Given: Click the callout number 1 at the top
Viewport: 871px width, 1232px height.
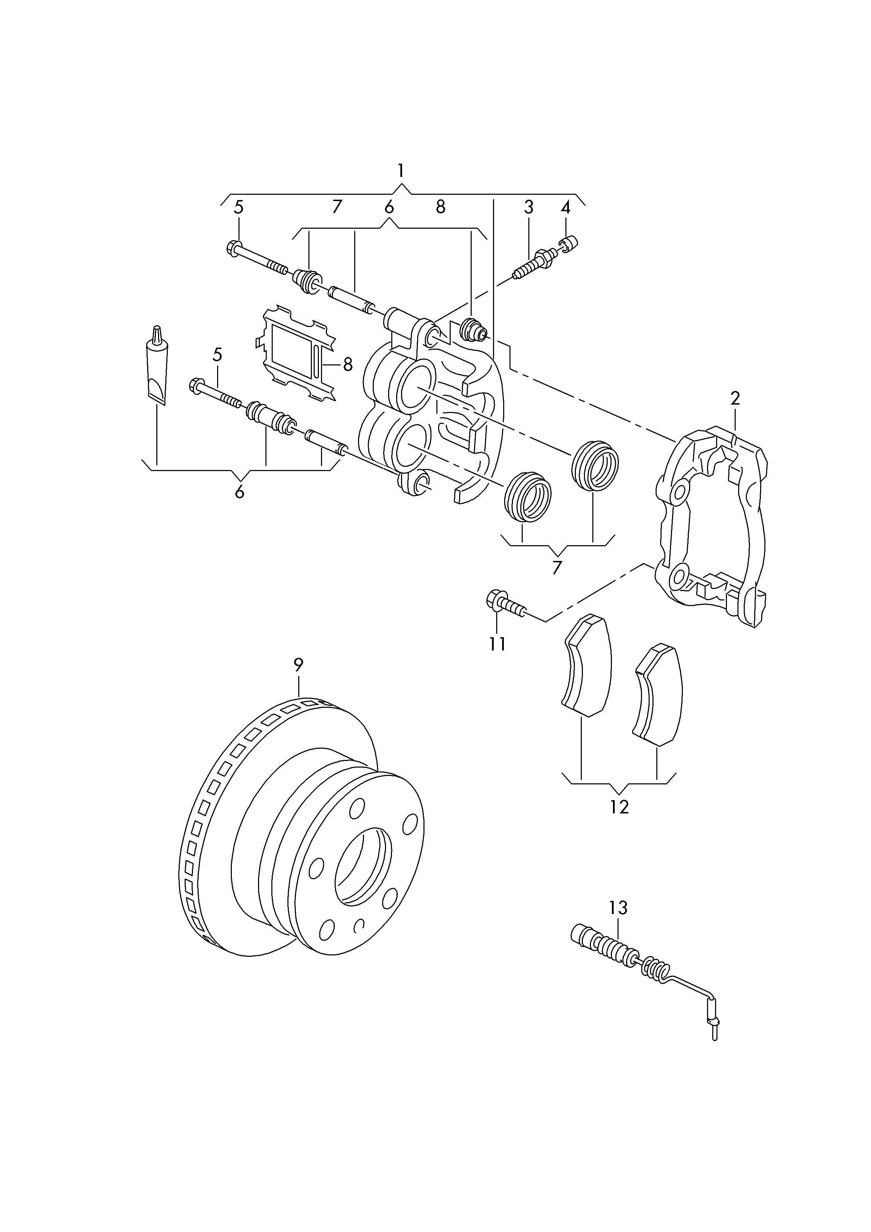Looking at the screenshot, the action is click(x=400, y=171).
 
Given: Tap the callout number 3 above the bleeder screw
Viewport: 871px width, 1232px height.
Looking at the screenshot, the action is click(x=529, y=207).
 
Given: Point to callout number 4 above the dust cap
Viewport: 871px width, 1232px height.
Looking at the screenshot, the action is click(x=566, y=207).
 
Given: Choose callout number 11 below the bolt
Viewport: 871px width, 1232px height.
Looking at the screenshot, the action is click(x=498, y=644).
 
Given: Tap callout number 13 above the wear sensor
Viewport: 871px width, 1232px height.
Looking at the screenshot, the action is click(x=618, y=908).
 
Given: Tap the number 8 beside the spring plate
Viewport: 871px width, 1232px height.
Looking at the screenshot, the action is click(x=348, y=364).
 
